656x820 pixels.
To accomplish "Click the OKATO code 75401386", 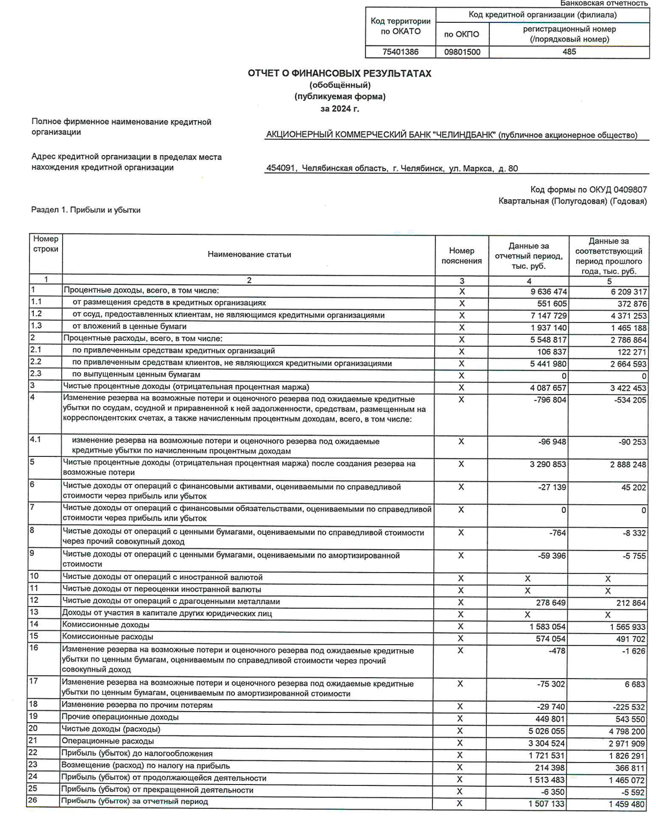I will click(x=400, y=52).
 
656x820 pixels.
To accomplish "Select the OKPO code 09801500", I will click(x=462, y=52).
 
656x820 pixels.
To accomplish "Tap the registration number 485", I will click(x=569, y=51).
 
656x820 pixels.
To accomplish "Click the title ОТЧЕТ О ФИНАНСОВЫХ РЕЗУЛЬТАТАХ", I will click(x=339, y=73).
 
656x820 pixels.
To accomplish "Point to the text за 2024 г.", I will click(x=339, y=109).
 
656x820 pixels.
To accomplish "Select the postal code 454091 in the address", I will click(x=280, y=168).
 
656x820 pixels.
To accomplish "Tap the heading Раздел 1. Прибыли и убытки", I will click(x=86, y=210).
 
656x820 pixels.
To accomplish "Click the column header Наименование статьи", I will click(x=249, y=254).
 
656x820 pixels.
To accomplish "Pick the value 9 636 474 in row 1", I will click(x=548, y=292).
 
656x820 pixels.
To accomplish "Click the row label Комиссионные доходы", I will click(x=106, y=625).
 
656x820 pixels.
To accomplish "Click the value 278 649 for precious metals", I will click(x=550, y=603).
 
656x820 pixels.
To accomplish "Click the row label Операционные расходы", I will click(x=108, y=741).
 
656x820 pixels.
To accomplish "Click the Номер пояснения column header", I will click(x=461, y=256).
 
